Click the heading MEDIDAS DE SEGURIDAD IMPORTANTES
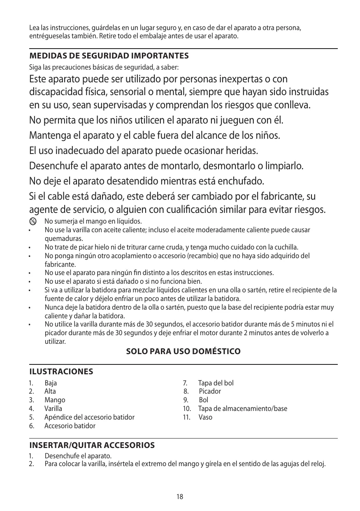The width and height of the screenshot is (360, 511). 109,56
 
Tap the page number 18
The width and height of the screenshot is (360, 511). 180,497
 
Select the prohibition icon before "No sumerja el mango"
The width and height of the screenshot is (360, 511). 33,221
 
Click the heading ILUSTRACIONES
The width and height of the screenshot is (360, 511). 61,372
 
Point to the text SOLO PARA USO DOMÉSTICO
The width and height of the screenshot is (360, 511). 183,352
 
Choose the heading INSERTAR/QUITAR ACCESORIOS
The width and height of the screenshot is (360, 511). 92,446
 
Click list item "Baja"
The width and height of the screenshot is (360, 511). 51,383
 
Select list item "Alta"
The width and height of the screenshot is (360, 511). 50,392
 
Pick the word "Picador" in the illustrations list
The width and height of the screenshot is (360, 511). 210,392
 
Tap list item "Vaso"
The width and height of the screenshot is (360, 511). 205,418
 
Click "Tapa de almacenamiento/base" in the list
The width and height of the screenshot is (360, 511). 243,409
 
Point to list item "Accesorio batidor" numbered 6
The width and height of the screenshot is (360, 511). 70,426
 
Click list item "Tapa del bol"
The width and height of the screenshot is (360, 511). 216,383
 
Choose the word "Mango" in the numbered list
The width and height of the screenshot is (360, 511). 55,400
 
